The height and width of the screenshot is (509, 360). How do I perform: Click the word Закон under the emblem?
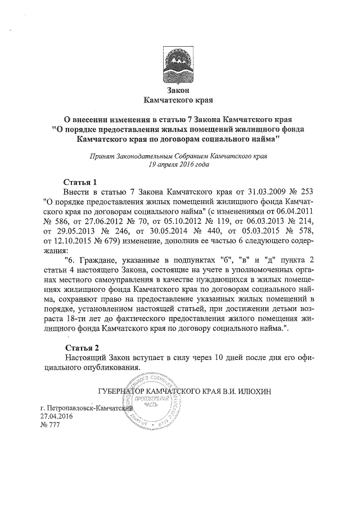[x=179, y=90]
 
